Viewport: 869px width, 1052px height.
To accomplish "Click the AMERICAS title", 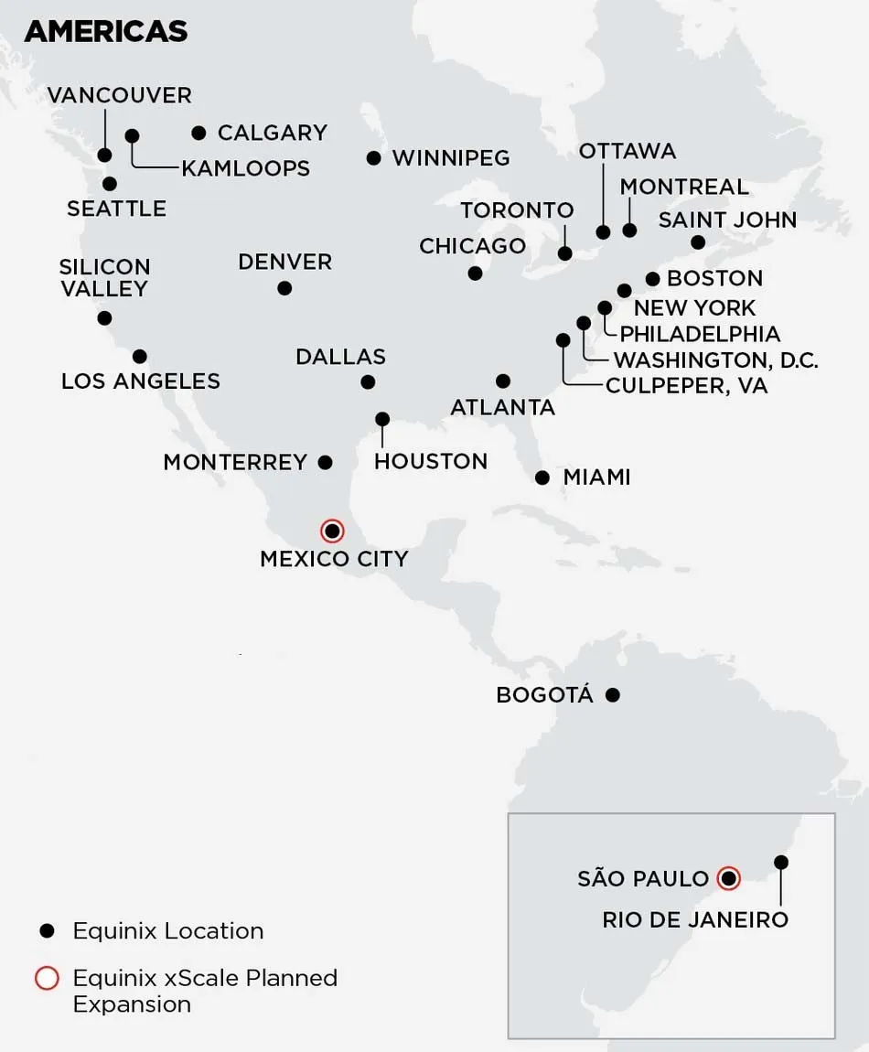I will coord(106,31).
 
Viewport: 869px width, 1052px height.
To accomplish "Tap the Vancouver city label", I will coord(119,95).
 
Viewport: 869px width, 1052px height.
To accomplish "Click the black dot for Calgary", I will coord(199,134).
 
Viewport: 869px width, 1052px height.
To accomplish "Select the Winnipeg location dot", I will coord(373,158).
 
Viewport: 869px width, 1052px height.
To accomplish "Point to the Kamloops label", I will coord(245,168).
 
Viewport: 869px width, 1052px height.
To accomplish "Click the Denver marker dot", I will coord(284,288).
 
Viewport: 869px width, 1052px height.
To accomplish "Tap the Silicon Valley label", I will coord(103,278).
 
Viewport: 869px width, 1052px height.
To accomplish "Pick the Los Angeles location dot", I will coord(140,356).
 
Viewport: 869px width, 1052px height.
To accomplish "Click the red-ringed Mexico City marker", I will coord(332,531).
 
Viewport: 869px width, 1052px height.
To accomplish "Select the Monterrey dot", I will coord(325,462).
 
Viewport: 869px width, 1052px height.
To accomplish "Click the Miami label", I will coord(596,477).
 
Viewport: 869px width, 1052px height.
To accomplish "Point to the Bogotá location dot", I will coord(613,695).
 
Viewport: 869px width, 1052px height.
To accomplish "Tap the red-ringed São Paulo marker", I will coord(728,878).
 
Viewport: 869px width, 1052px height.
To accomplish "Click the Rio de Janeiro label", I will coord(695,919).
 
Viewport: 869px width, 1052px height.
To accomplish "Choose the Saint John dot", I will coord(698,242).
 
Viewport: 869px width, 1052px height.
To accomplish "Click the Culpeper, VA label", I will coord(686,386).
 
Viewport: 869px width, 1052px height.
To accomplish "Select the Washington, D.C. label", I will coord(715,360).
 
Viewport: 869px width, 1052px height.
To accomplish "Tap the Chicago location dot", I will coord(475,273).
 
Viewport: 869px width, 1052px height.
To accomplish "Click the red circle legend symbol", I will coord(47,978).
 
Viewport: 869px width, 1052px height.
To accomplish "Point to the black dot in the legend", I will coord(47,931).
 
